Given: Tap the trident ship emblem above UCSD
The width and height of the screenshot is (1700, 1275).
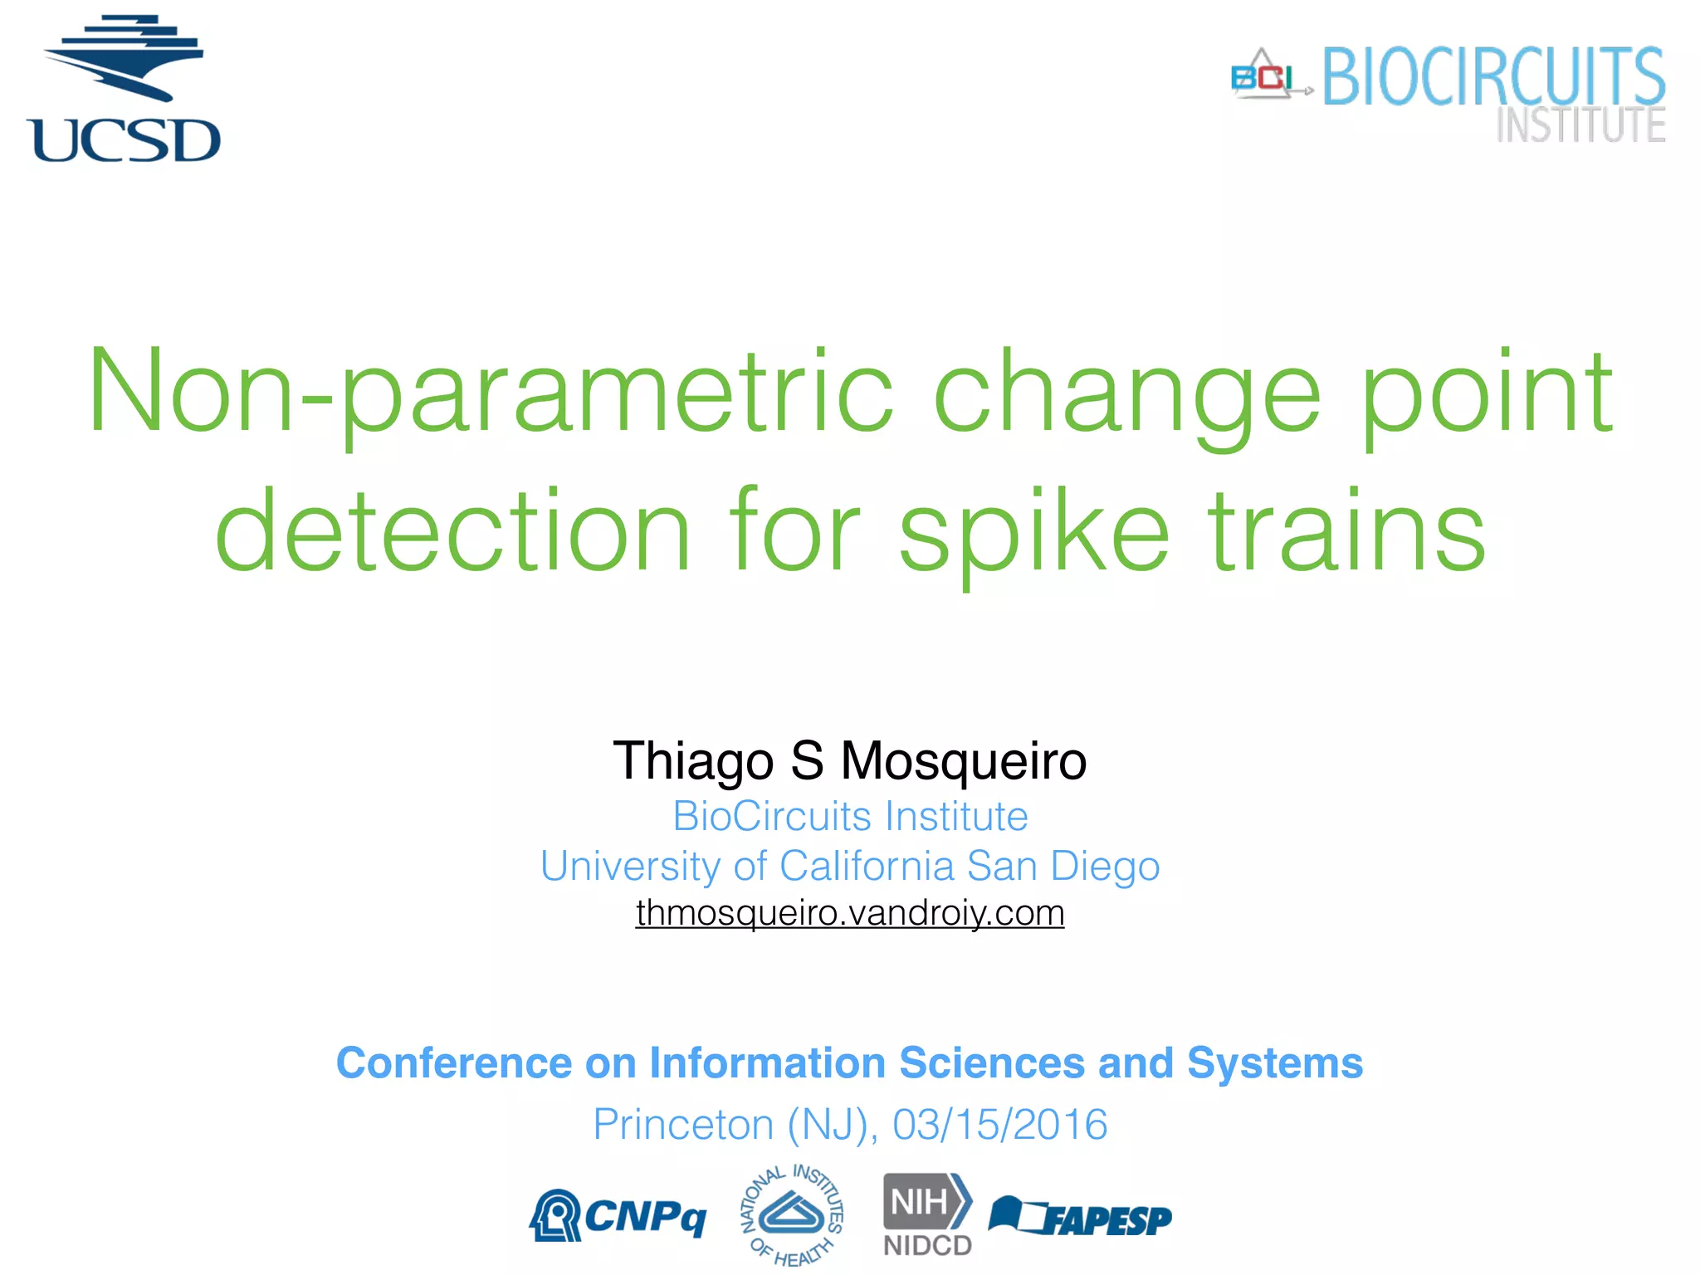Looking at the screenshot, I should coord(125,56).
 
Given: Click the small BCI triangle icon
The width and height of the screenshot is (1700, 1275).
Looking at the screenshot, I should coord(1263,76).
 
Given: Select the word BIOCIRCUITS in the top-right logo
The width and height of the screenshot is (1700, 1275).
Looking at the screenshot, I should coord(1492,76).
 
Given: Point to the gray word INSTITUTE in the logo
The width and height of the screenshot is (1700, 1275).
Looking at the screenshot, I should coord(1580,125).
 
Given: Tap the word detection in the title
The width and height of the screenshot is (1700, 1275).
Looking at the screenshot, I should coord(452,531).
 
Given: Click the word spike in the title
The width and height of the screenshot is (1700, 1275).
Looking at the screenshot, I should coord(1033,531).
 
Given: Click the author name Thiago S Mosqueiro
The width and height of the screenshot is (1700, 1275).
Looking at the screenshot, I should coord(849,760).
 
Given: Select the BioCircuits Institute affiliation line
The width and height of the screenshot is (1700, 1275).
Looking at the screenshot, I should coord(849,816).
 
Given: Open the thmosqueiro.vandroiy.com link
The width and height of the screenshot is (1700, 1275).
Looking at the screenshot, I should coord(849,913).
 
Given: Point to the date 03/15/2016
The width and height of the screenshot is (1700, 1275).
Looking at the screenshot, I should coord(999,1125).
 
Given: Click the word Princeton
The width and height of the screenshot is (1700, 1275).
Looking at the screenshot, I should coord(682,1125).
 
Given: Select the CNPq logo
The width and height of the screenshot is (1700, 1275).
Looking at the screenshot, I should coord(618,1217).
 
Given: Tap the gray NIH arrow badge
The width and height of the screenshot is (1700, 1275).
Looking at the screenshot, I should coord(926,1201).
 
